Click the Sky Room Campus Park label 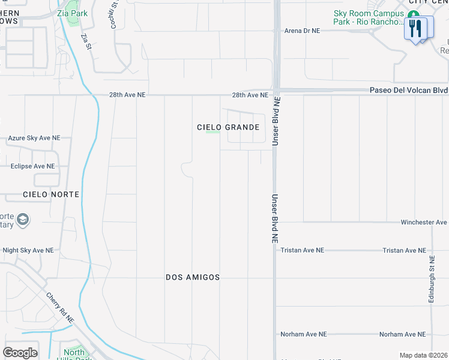click(x=370, y=17)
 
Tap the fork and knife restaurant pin click(x=415, y=29)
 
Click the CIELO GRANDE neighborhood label click(x=228, y=127)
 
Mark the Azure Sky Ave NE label click(x=34, y=138)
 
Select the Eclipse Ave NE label click(x=32, y=166)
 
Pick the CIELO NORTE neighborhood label click(x=51, y=195)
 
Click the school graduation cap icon click(x=23, y=220)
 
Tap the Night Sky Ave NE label click(x=28, y=250)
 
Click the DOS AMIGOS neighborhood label click(x=193, y=277)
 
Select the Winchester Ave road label click(x=424, y=222)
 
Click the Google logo click(x=20, y=353)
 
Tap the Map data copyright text click(x=423, y=355)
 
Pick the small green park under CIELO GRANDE click(x=212, y=132)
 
